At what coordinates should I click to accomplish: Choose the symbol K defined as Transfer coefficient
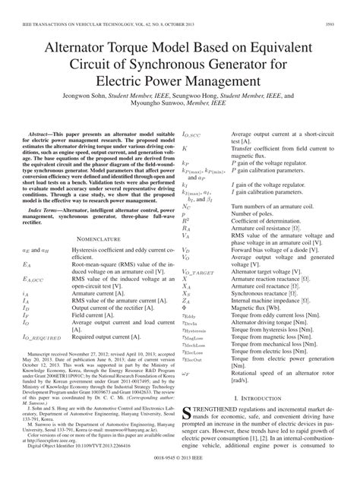tap(185, 149)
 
